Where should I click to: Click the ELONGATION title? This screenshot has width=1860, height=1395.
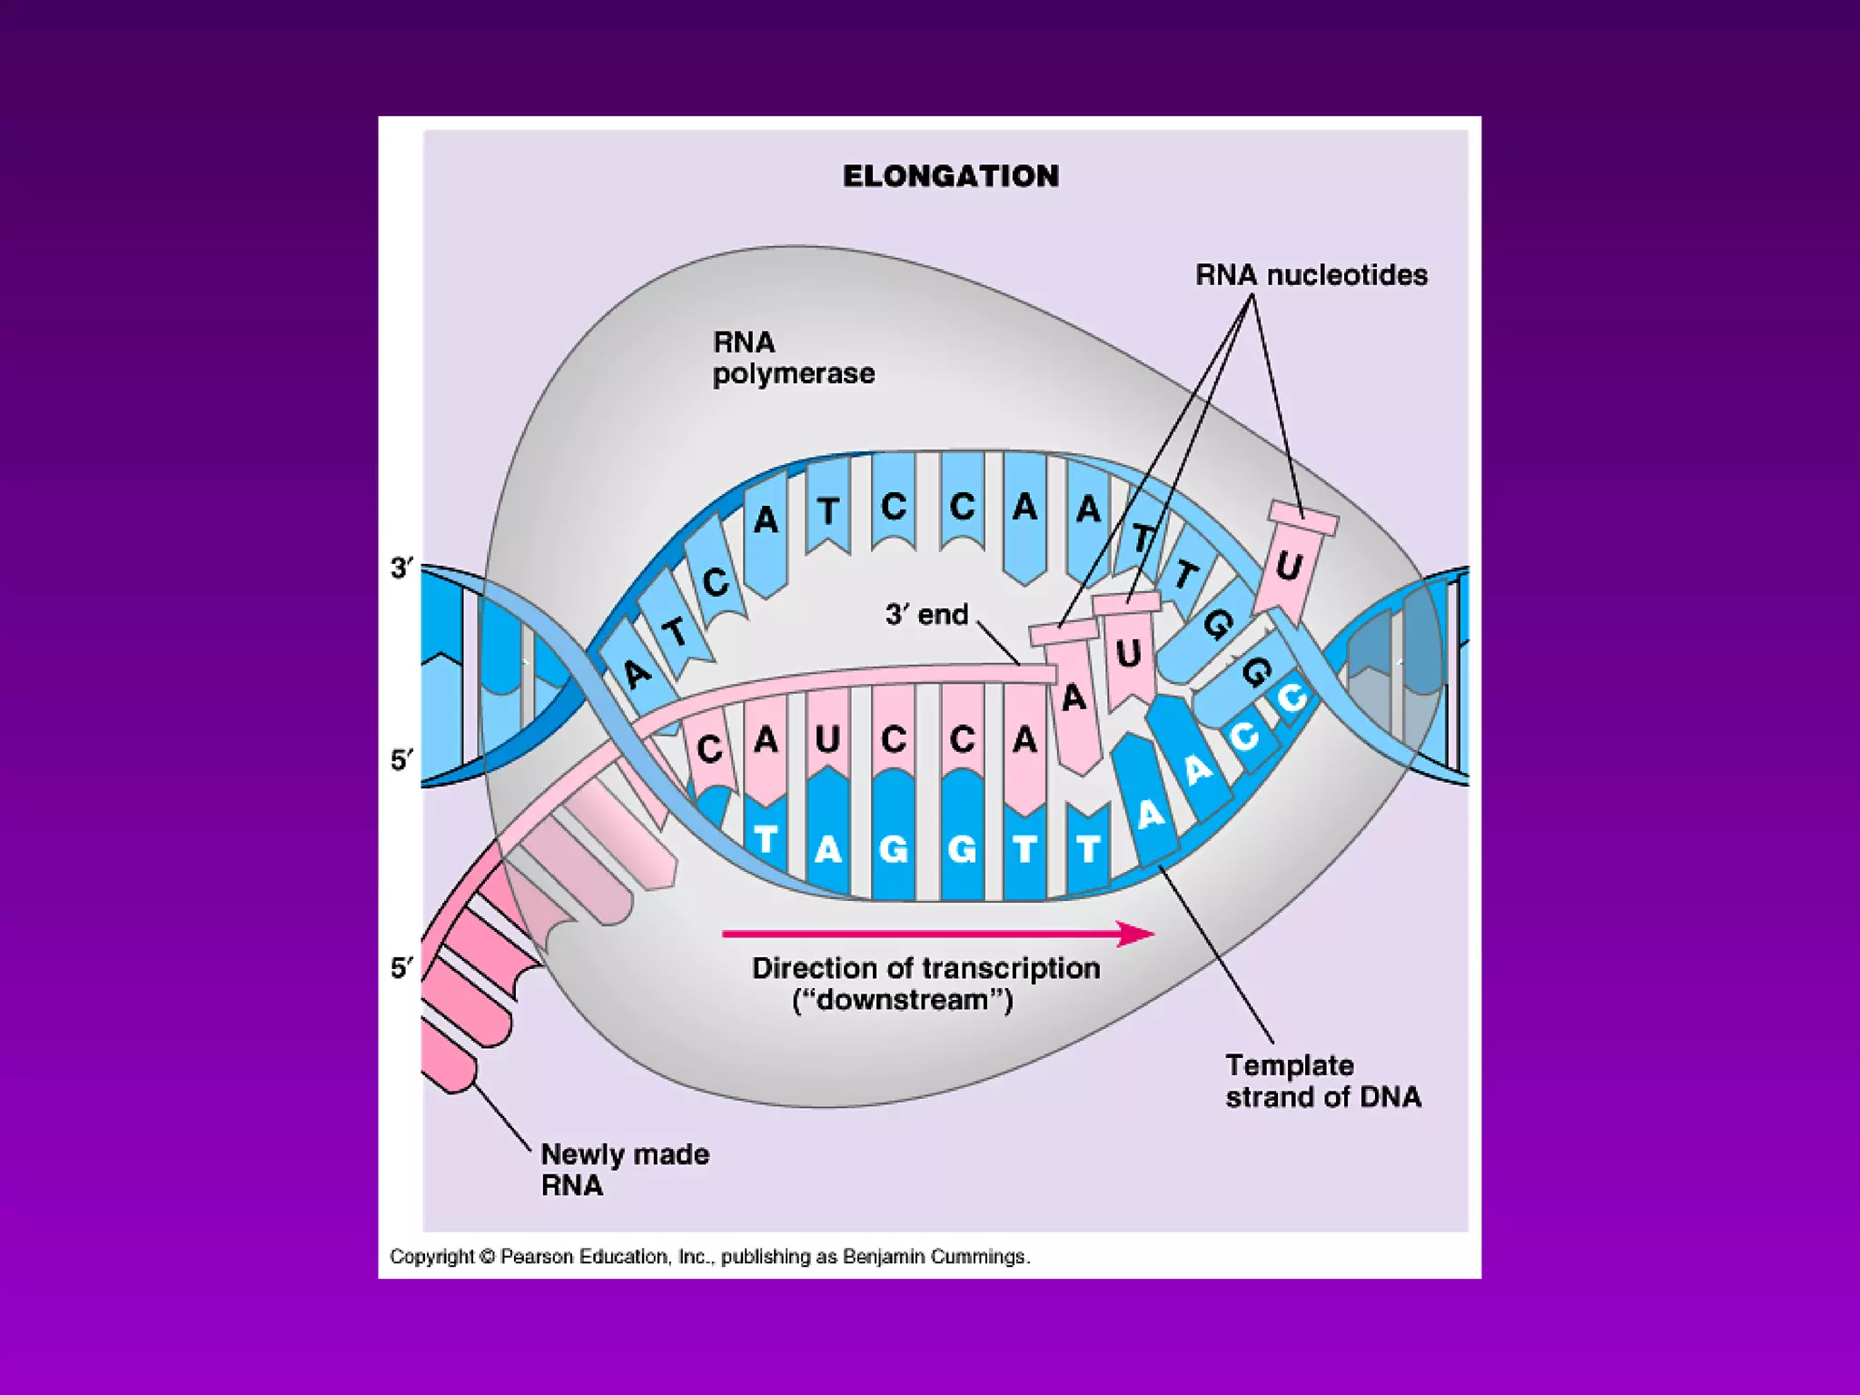(x=950, y=175)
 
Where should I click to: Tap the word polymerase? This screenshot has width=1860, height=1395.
(x=793, y=373)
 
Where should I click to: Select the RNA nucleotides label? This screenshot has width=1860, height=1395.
(x=1311, y=274)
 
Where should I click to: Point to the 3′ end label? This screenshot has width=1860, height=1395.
(x=926, y=615)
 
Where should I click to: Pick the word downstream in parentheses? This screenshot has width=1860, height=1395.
(x=902, y=1000)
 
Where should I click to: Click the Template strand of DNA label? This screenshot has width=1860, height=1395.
(x=1322, y=1081)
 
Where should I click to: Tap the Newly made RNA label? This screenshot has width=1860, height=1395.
(x=624, y=1170)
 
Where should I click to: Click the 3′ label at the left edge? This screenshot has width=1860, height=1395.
(x=401, y=569)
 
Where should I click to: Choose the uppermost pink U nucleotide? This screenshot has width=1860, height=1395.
(x=1288, y=567)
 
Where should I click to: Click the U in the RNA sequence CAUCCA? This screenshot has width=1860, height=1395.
(x=827, y=740)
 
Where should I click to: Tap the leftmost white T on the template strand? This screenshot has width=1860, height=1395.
(x=766, y=839)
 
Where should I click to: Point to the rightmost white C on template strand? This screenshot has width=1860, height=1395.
(x=1291, y=698)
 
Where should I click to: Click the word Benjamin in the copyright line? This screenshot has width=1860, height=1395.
(x=879, y=1257)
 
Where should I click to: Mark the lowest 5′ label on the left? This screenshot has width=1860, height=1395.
(x=401, y=968)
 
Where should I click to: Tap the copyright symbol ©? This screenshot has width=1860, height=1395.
(x=487, y=1257)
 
